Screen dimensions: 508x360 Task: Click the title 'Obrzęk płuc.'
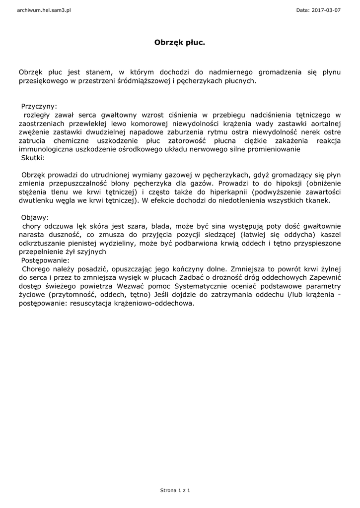(x=180, y=43)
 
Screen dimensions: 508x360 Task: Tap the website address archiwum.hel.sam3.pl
(x=44, y=10)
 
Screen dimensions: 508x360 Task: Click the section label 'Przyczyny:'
(x=39, y=106)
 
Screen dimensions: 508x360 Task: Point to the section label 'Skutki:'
(x=33, y=158)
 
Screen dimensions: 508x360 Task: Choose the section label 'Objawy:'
(x=35, y=217)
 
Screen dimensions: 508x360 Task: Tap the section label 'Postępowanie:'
(x=45, y=260)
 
